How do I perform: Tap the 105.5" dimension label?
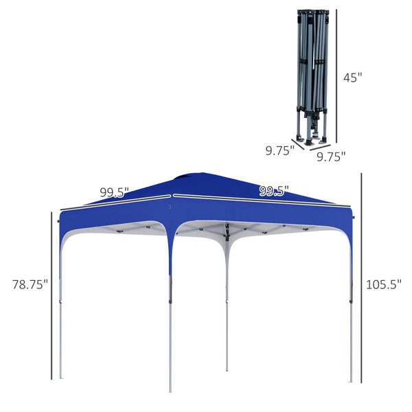tap(382, 284)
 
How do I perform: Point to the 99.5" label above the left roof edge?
tap(114, 192)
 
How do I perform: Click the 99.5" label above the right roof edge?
tap(274, 191)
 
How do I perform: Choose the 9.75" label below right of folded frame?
tap(330, 157)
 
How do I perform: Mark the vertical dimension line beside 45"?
tap(336, 76)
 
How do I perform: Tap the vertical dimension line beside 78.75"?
tap(51, 295)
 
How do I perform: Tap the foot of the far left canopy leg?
tap(60, 376)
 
